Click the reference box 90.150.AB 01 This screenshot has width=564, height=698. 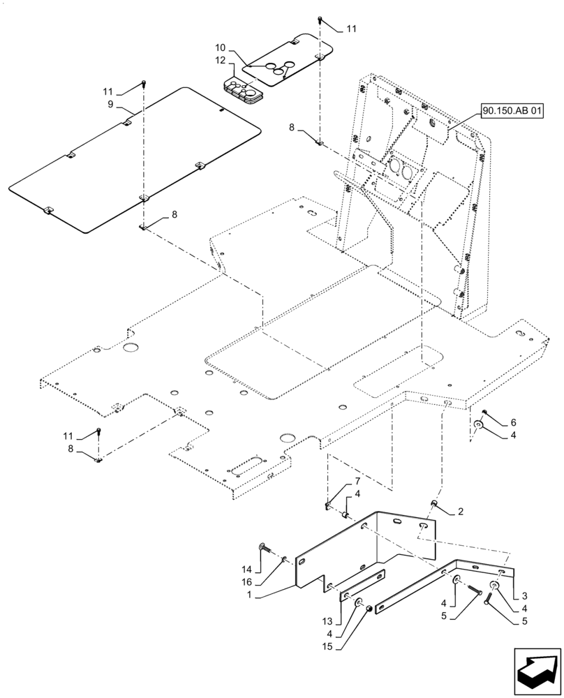point(512,110)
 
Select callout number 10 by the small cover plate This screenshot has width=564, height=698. point(220,47)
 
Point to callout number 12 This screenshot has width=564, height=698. point(220,61)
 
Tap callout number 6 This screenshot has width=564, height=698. point(513,422)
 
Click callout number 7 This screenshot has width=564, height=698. point(357,482)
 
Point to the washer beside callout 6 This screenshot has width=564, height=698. point(479,426)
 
